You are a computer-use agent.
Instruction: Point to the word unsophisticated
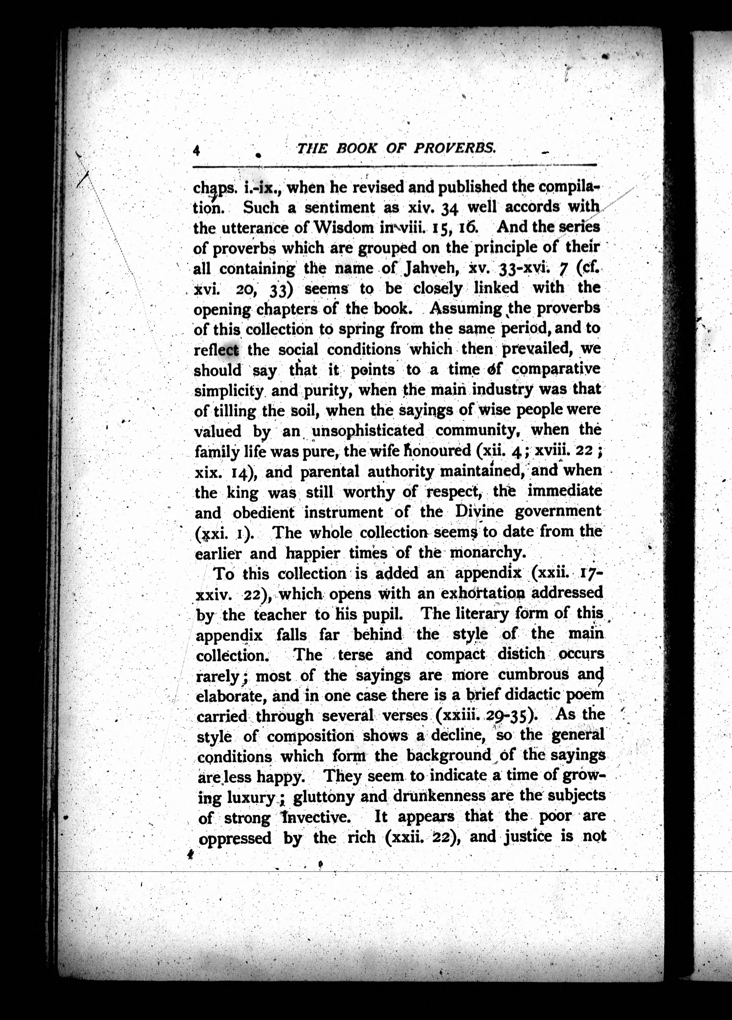[368, 431]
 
